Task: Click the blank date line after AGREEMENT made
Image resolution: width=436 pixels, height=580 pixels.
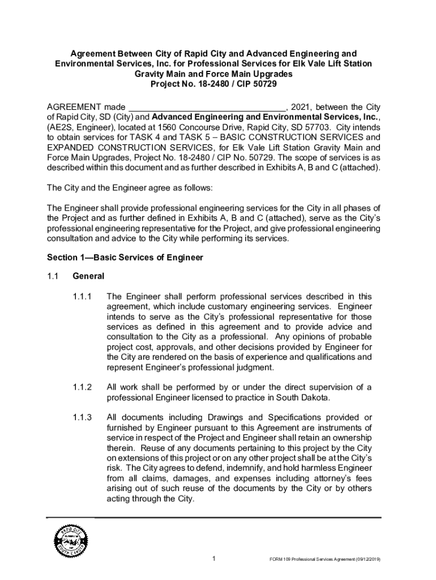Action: [207, 108]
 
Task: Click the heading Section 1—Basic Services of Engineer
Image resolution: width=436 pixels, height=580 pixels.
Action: [125, 258]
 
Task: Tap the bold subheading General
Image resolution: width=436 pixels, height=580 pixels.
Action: [88, 276]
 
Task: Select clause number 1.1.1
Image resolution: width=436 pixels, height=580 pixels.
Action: [82, 296]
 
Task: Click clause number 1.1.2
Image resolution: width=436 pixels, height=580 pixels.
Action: [82, 387]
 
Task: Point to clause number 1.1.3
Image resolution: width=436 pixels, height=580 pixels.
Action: [82, 417]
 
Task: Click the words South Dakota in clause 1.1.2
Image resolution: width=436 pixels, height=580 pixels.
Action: [306, 398]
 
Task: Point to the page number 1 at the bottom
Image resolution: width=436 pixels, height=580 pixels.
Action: [213, 560]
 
